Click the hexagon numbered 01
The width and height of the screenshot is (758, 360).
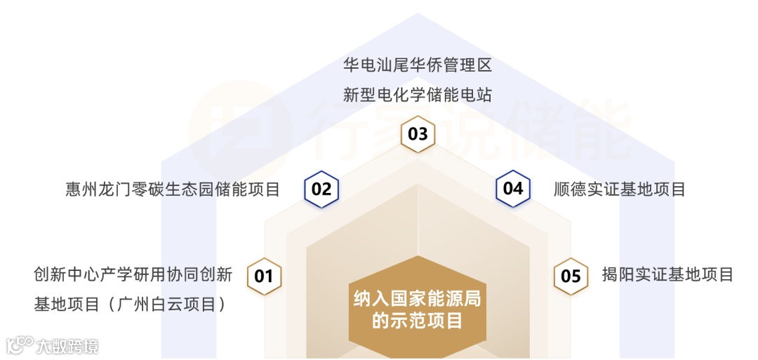pyautogui.click(x=264, y=276)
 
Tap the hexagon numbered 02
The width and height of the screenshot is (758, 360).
pyautogui.click(x=321, y=189)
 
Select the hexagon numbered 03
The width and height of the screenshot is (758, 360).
pyautogui.click(x=418, y=133)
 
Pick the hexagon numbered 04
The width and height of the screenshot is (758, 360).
pyautogui.click(x=513, y=189)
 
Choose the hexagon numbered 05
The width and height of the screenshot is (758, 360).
pyautogui.click(x=571, y=276)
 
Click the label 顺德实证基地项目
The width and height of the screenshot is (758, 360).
pyautogui.click(x=619, y=189)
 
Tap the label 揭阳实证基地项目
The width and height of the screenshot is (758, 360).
pyautogui.click(x=667, y=274)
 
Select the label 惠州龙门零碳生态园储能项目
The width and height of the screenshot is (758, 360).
pyautogui.click(x=173, y=189)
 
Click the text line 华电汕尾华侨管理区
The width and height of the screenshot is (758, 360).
pyautogui.click(x=418, y=66)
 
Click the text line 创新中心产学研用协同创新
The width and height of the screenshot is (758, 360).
pyautogui.click(x=133, y=274)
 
